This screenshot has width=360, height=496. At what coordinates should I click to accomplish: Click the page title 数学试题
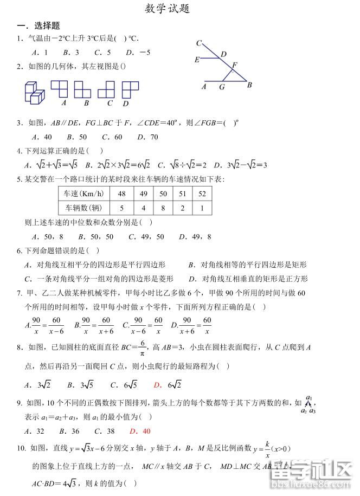[168, 9]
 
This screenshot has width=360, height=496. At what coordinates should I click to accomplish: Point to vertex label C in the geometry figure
[199, 43]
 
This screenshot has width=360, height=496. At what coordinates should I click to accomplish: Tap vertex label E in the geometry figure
[197, 60]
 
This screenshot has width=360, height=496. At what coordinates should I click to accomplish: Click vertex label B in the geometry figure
[249, 85]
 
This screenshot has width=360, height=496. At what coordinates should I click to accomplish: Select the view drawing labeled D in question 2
[130, 89]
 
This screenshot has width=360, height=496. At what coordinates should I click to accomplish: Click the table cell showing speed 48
[121, 194]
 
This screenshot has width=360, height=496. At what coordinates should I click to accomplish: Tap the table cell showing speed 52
[202, 194]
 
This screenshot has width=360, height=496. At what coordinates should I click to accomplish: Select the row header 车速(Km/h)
[84, 194]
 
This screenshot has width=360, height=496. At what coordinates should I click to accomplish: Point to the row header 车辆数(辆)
[84, 208]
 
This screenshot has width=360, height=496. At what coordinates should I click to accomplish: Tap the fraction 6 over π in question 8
[142, 347]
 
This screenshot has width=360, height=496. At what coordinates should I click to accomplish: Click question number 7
[20, 293]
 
